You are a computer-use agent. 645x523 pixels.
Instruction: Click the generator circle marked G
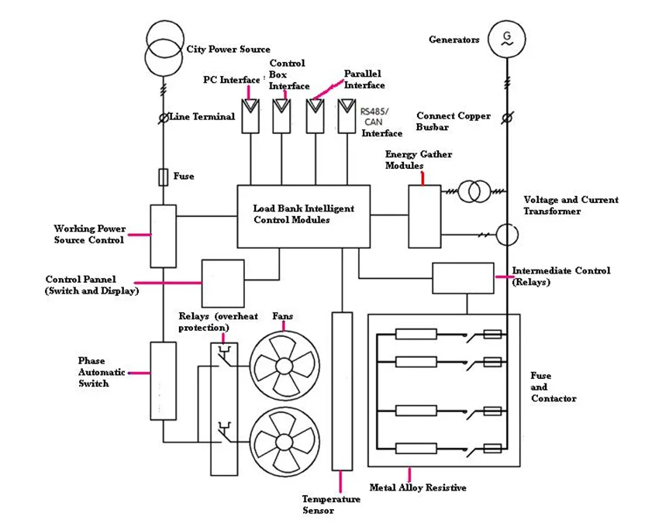point(507,39)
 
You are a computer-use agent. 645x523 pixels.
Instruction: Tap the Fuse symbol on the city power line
point(163,177)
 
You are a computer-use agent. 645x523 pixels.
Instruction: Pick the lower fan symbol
point(283,439)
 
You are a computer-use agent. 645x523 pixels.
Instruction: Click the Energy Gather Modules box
point(424,216)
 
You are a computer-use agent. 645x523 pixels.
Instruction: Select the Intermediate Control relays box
point(462,278)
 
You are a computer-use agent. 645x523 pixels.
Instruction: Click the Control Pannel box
point(222,283)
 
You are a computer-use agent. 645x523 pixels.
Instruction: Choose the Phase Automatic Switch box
point(163,380)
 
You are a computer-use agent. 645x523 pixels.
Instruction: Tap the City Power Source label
point(228,50)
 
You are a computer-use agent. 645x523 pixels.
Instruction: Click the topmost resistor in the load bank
point(416,335)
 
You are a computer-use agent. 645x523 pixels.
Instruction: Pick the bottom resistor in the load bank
point(416,448)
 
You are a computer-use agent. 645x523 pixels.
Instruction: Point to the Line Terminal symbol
point(164,118)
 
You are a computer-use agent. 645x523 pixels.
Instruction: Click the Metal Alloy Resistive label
point(417,487)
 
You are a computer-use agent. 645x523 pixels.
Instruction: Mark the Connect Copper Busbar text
point(453,121)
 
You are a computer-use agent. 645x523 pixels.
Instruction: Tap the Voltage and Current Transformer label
point(571,205)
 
